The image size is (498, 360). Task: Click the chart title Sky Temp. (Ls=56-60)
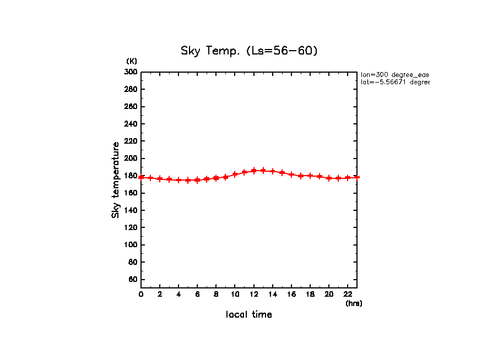click(x=249, y=51)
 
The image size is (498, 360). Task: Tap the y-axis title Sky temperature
click(x=116, y=180)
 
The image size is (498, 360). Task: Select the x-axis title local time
click(x=249, y=315)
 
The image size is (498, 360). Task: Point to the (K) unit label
click(x=132, y=61)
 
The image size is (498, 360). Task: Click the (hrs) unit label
click(x=354, y=303)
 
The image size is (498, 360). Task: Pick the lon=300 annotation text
click(x=394, y=74)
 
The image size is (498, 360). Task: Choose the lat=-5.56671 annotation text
click(x=394, y=82)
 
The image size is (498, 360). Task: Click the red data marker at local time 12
click(x=254, y=171)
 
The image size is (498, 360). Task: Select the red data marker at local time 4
click(x=178, y=180)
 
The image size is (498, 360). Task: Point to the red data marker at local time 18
click(x=310, y=176)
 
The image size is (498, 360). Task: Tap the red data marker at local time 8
click(x=216, y=178)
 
